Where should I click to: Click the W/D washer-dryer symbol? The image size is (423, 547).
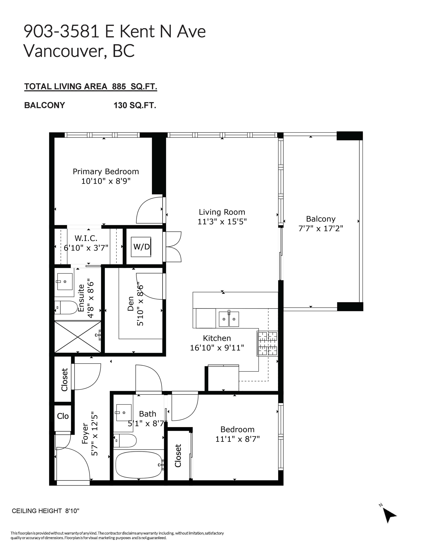click(142, 247)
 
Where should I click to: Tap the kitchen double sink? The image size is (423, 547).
click(229, 319)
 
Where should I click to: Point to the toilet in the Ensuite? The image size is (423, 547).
click(66, 307)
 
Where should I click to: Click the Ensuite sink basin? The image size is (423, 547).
click(65, 282)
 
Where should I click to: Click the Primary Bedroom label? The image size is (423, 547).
click(106, 172)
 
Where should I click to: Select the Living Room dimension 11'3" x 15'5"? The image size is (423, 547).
click(222, 222)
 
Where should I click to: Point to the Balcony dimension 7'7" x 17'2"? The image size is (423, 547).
click(321, 228)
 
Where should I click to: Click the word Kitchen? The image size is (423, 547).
click(217, 338)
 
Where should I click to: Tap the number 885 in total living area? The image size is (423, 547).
click(119, 86)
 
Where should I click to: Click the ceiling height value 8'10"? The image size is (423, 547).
click(72, 511)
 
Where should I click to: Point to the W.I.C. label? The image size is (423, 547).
click(86, 238)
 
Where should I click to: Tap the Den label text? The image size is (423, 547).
click(131, 304)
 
